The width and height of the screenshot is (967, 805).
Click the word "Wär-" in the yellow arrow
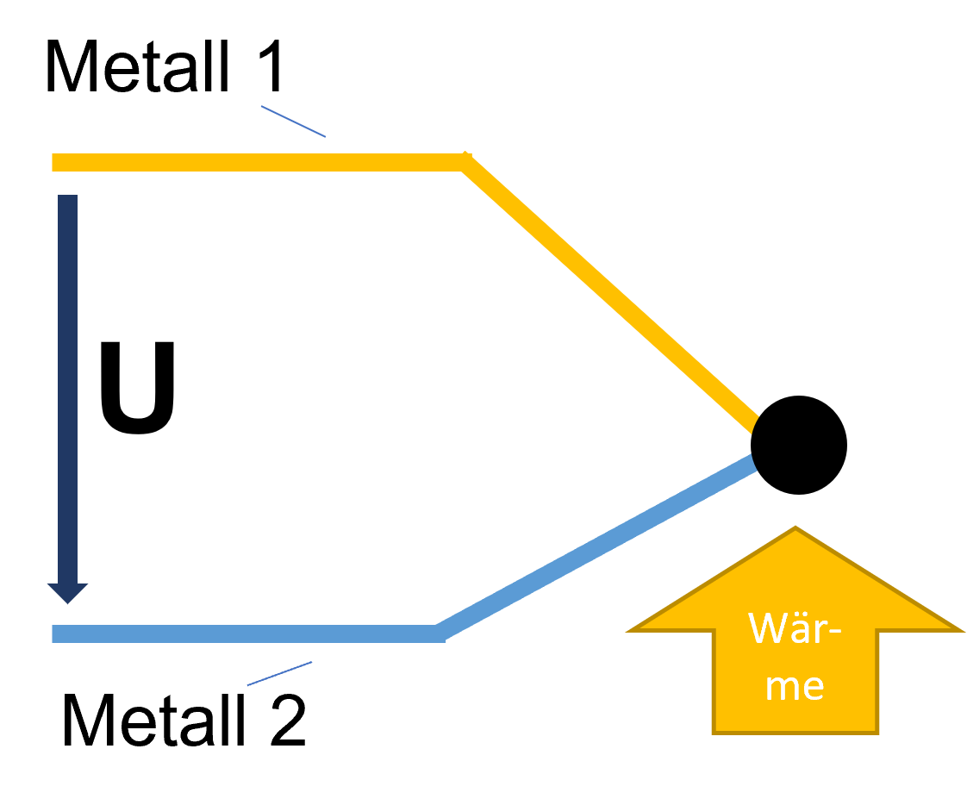794,628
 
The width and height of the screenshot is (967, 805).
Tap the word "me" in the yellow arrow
794,686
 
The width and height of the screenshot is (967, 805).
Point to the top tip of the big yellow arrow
795,528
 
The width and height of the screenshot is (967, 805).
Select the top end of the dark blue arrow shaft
67,197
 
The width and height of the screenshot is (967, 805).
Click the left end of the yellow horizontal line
54,162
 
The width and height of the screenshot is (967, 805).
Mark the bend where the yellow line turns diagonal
465,161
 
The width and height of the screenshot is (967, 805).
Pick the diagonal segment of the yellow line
610,293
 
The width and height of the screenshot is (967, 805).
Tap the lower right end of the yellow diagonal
753,423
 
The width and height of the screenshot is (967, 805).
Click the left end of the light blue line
54,634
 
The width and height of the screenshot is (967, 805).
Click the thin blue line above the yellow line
293,122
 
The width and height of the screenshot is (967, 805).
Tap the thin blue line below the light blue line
279,674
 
